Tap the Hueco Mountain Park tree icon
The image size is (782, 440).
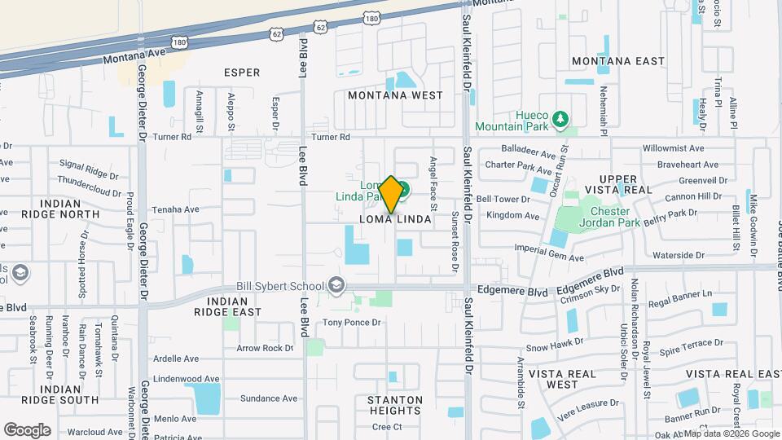tap(560, 121)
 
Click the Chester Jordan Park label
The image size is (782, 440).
tap(604, 217)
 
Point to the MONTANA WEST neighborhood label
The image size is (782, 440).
tap(395, 95)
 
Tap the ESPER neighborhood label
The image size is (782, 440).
tap(242, 73)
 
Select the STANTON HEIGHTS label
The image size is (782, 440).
tap(395, 405)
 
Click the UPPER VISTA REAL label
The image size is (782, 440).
tap(626, 184)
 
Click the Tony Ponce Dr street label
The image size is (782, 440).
tap(352, 323)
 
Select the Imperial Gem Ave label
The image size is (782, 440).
tap(549, 258)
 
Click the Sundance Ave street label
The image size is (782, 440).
tap(269, 398)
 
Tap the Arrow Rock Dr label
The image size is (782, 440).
tap(265, 348)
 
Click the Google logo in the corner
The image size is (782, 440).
tap(27, 429)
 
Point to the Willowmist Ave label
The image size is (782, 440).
tap(673, 149)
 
